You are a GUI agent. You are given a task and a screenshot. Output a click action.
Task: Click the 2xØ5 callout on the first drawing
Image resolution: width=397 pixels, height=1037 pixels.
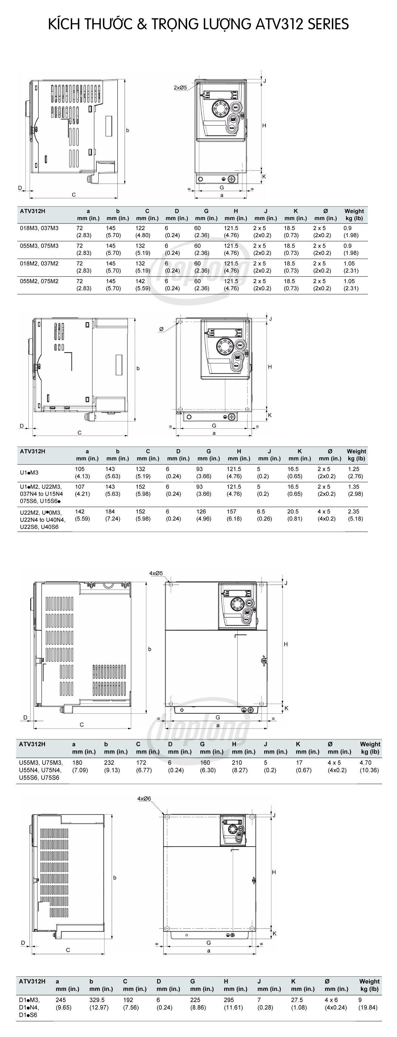(x=180, y=87)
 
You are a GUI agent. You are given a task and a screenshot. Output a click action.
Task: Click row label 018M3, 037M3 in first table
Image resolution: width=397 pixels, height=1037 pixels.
(x=39, y=228)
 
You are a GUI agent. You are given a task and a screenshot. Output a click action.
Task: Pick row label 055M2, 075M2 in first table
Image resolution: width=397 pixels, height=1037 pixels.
(x=39, y=281)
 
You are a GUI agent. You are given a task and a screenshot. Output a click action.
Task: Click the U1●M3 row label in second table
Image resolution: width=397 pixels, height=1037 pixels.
(x=29, y=473)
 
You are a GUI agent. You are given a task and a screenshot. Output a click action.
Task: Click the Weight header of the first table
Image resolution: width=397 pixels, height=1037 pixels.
(x=354, y=211)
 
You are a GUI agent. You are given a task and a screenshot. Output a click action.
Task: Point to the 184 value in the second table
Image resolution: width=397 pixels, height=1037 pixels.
(x=110, y=512)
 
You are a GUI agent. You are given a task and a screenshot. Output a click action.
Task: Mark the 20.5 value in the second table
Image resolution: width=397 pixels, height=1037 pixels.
(x=293, y=512)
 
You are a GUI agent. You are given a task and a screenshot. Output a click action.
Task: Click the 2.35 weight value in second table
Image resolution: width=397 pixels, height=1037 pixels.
(x=353, y=512)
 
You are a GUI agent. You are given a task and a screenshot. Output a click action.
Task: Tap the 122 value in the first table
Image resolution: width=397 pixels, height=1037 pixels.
(x=140, y=228)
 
